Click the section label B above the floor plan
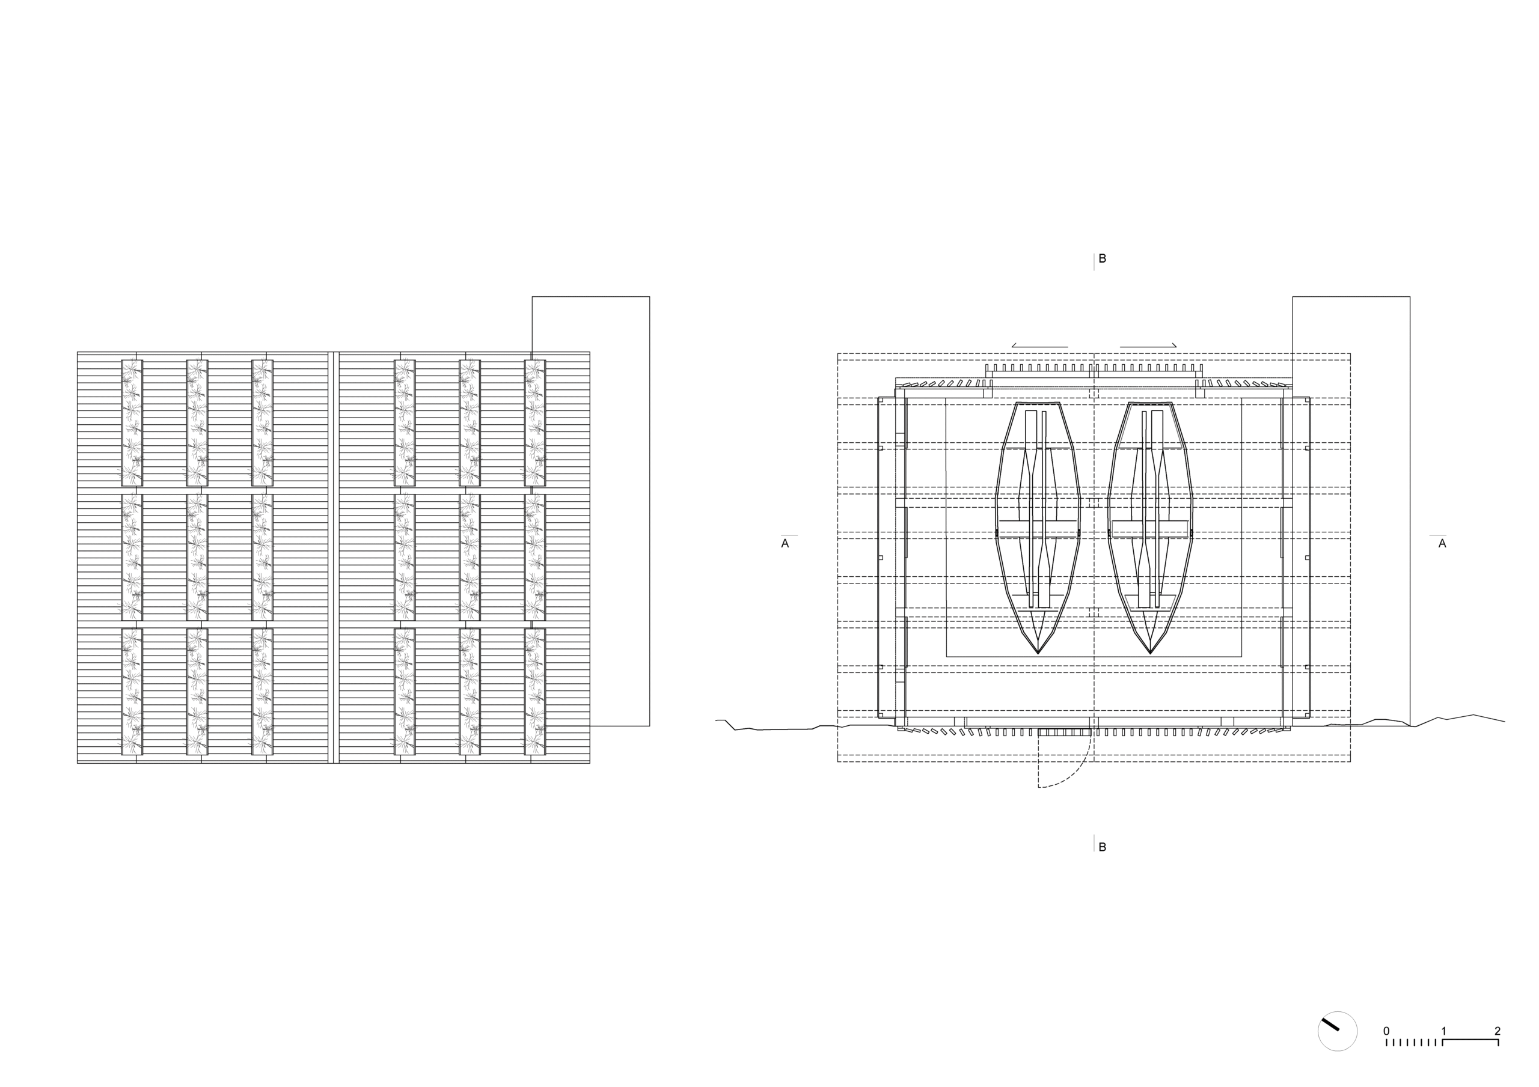1102,259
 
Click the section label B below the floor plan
1102,847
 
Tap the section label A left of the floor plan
785,543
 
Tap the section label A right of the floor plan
1442,543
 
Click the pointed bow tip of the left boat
1038,653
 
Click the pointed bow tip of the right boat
1150,653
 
